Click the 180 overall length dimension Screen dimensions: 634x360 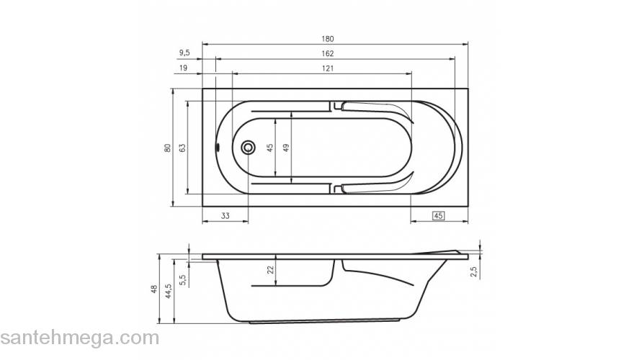point(328,39)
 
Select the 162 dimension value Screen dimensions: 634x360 point(328,53)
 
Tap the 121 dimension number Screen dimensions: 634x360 point(328,68)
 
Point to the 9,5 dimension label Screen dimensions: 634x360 point(184,53)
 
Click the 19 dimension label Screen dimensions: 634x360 point(183,68)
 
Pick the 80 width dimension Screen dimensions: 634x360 point(167,148)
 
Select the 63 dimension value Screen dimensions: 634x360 point(182,148)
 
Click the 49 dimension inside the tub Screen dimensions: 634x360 point(286,148)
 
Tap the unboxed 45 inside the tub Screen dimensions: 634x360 point(270,148)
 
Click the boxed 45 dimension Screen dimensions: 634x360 point(438,216)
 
